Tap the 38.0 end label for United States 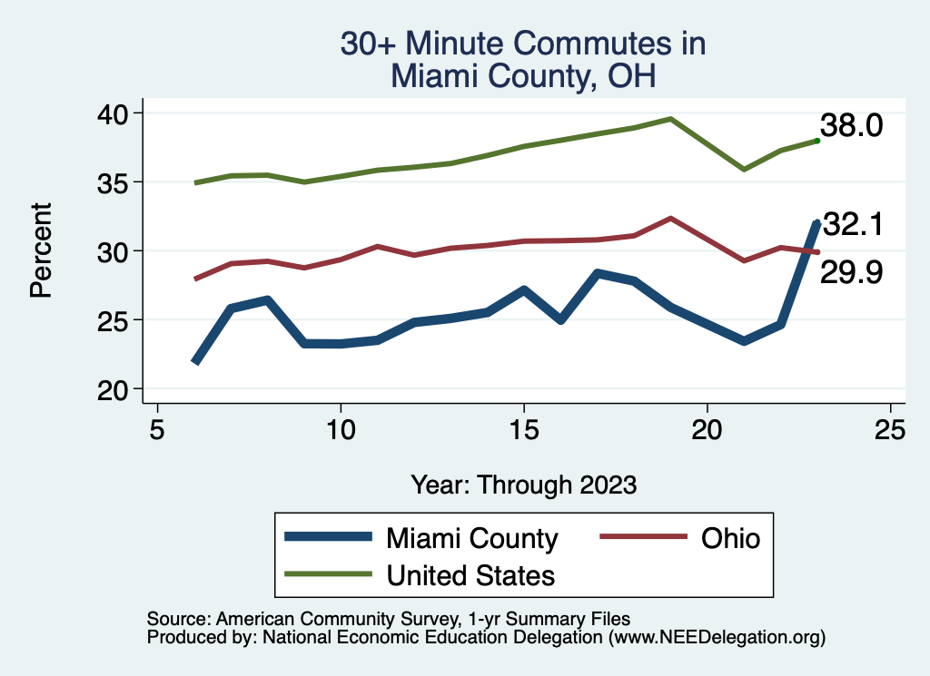(x=851, y=126)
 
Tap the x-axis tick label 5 (x=157, y=428)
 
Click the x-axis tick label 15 (x=523, y=428)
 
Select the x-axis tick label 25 (x=890, y=428)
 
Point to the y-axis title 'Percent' (x=40, y=250)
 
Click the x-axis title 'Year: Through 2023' (x=523, y=484)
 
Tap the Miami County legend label (x=471, y=538)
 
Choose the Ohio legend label (x=729, y=538)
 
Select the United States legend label (x=470, y=574)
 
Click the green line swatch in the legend (x=328, y=573)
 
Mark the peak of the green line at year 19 (x=670, y=119)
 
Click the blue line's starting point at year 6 (x=194, y=361)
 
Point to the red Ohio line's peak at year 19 (x=670, y=218)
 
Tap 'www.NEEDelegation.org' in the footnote (x=717, y=637)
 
